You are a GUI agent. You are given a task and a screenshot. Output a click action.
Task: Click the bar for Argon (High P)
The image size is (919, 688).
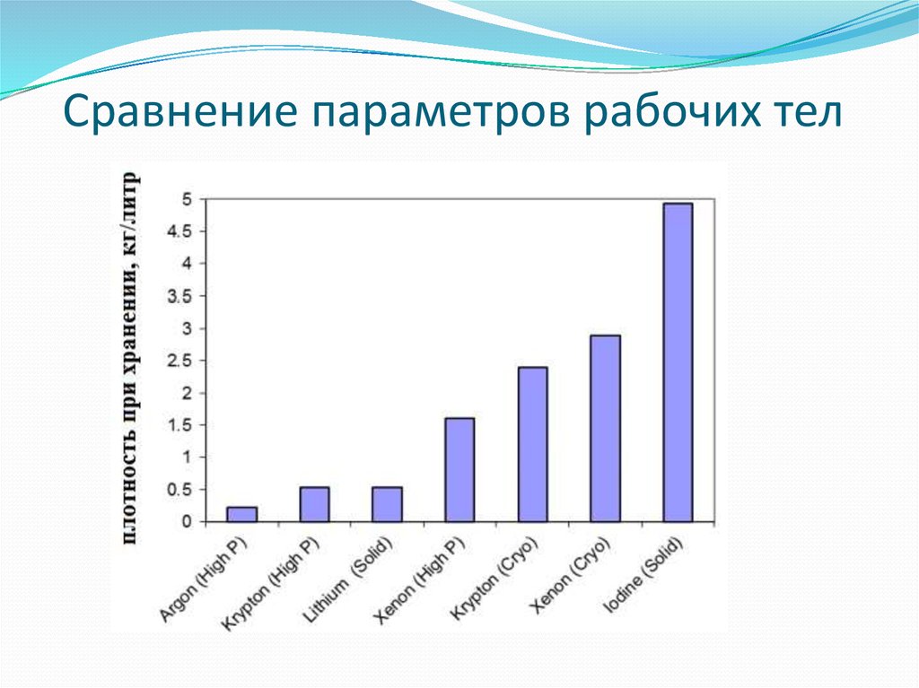tap(241, 514)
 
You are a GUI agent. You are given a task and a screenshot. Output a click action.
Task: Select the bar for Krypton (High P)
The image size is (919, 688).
tap(314, 504)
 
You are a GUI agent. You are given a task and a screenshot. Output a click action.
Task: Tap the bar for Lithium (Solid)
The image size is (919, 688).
tap(387, 504)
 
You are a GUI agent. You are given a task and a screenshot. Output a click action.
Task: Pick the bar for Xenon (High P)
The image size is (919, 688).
tap(459, 469)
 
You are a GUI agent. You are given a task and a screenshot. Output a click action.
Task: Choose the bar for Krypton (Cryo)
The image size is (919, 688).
tap(532, 444)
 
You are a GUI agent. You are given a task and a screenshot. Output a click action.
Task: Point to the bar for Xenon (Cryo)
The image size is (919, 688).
tap(605, 428)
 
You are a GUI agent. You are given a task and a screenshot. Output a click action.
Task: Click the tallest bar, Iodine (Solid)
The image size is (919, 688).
tap(678, 362)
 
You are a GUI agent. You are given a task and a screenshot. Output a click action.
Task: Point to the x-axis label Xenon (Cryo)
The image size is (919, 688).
tap(572, 579)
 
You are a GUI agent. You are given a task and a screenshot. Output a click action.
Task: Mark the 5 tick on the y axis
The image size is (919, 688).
tap(188, 199)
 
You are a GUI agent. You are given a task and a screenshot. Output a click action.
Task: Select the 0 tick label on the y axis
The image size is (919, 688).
tap(188, 521)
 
